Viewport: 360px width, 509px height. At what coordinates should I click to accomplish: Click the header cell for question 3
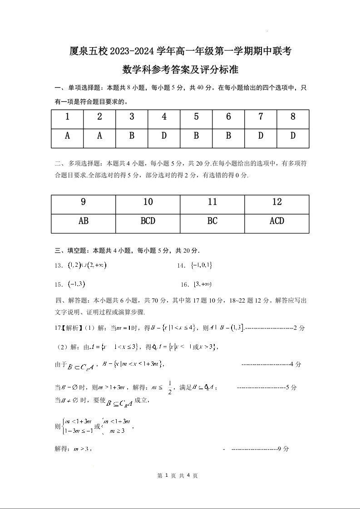point(132,117)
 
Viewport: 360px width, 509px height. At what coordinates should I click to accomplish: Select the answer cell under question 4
point(164,136)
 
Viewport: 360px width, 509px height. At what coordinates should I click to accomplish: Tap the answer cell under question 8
point(293,136)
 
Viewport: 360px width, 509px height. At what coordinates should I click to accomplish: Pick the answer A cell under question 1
point(67,136)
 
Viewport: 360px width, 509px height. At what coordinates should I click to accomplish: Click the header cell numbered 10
point(148,202)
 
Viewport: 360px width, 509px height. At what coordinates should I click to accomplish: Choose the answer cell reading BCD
point(148,221)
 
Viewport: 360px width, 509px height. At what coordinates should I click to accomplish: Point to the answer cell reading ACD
point(276,221)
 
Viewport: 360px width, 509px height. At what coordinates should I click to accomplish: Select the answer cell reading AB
point(84,221)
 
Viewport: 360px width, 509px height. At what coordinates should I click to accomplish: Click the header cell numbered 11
point(212,202)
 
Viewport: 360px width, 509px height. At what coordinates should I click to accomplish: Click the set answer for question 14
point(202,265)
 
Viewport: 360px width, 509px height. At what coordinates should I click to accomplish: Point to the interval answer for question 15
point(76,284)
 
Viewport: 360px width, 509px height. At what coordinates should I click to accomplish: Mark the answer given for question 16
point(202,284)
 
